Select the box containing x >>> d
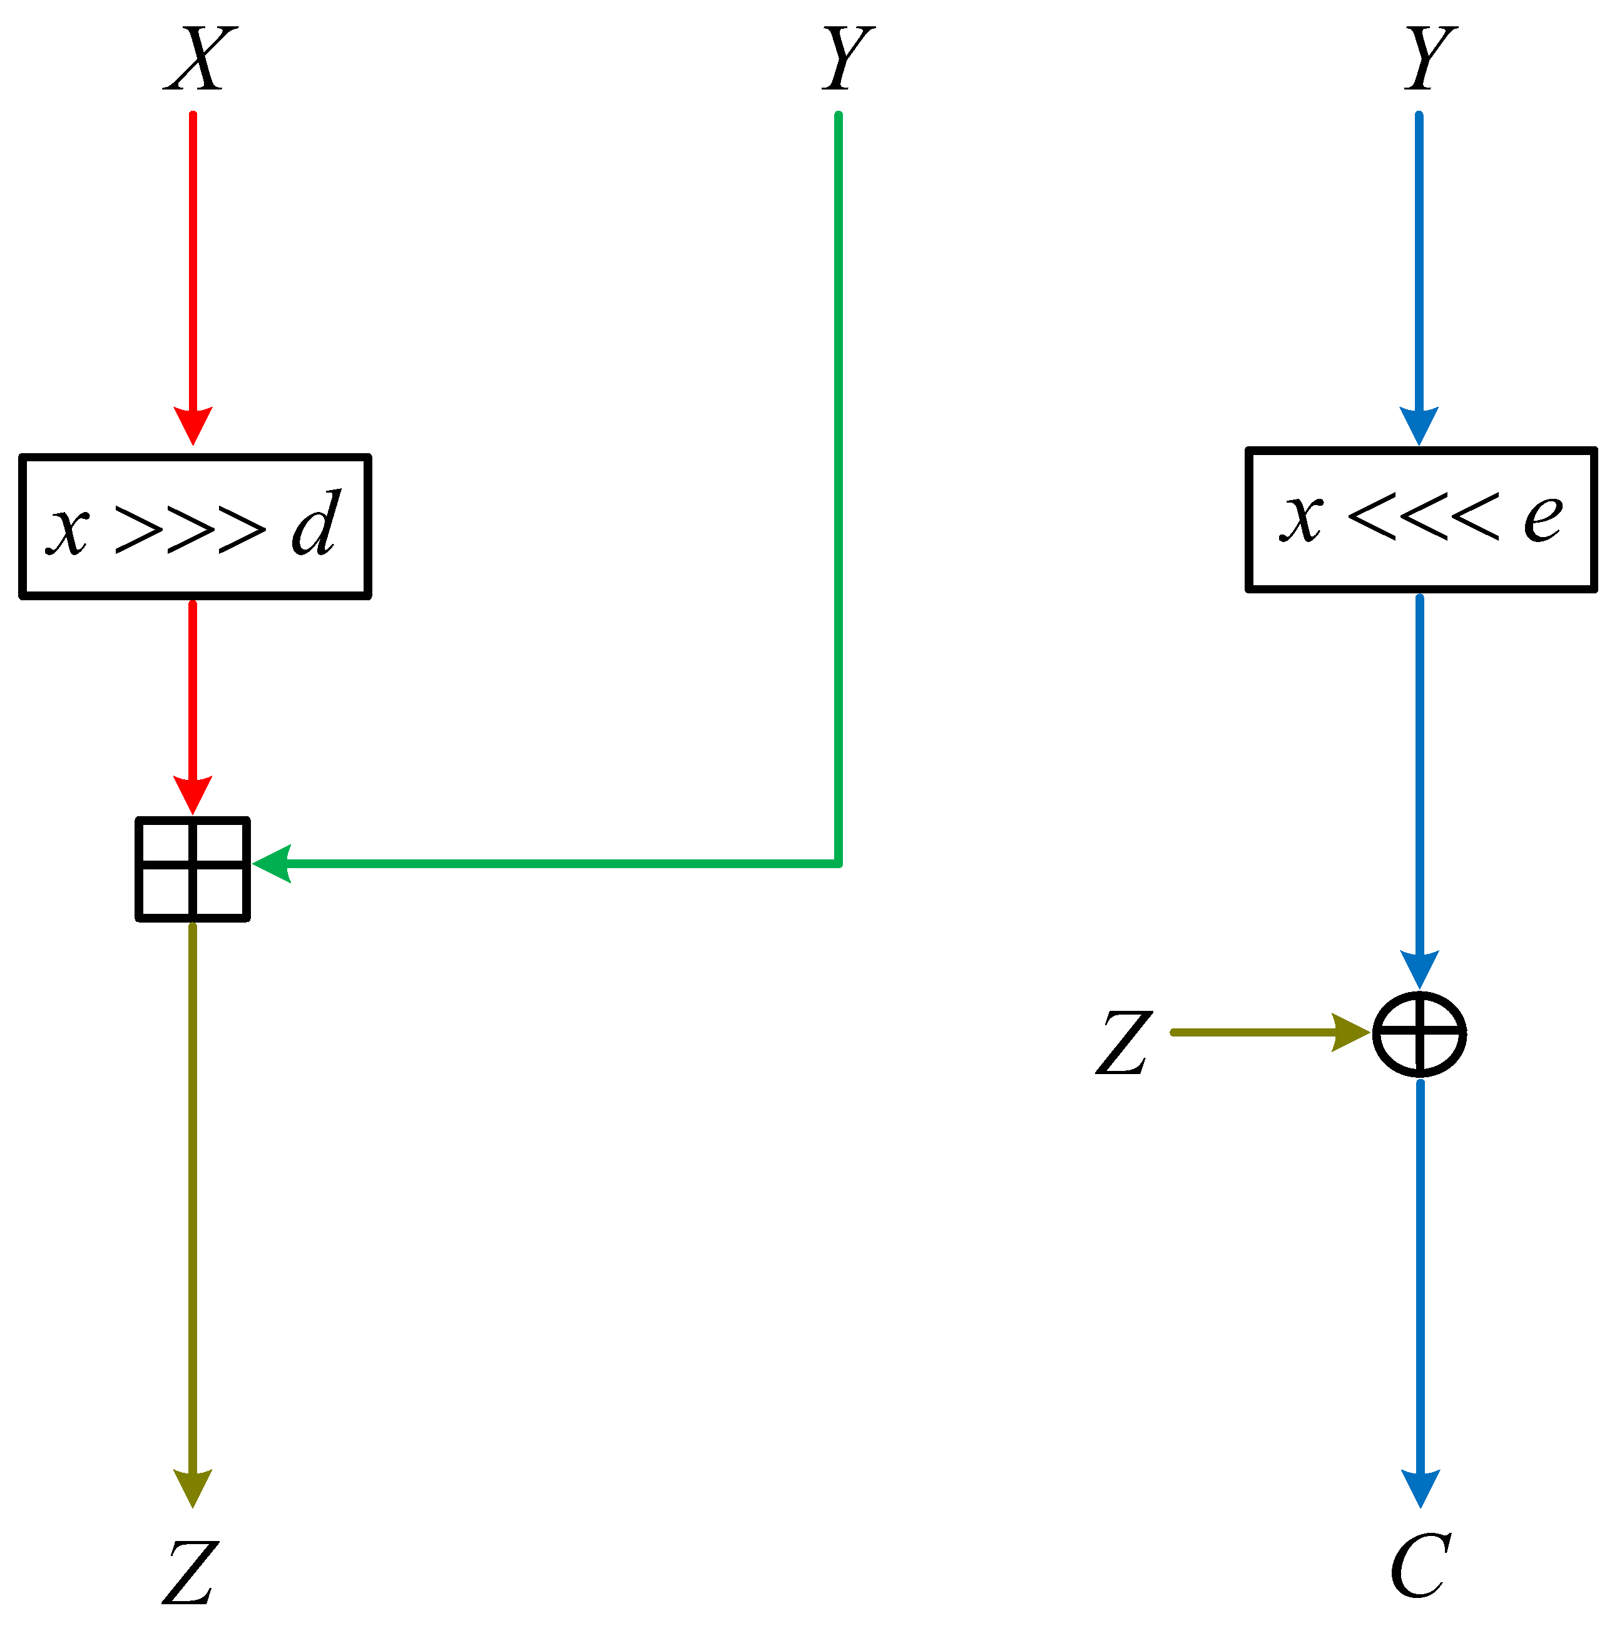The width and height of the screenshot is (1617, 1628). click(195, 526)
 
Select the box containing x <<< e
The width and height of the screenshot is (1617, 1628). click(1421, 519)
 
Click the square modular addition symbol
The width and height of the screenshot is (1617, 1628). click(193, 869)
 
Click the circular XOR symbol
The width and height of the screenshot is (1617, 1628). click(1420, 1034)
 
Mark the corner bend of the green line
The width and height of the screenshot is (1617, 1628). click(839, 863)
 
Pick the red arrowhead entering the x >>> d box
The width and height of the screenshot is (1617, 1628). click(193, 425)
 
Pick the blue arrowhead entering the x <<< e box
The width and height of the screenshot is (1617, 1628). click(1419, 425)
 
